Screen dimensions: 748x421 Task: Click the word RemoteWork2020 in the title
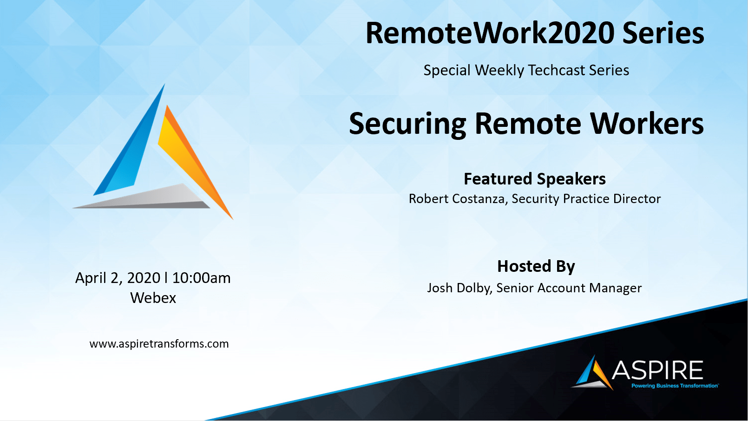pos(490,33)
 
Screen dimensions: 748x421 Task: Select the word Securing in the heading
pos(407,125)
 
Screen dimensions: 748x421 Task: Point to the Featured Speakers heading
pos(535,178)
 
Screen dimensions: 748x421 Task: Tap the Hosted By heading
pos(536,266)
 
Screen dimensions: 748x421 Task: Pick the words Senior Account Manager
pos(569,288)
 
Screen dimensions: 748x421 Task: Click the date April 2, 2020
pos(118,278)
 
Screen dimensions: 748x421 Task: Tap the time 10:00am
pos(201,278)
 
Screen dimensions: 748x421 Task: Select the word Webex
pos(153,297)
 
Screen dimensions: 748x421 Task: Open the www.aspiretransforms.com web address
pos(159,343)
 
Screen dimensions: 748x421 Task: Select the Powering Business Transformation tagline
pos(675,386)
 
